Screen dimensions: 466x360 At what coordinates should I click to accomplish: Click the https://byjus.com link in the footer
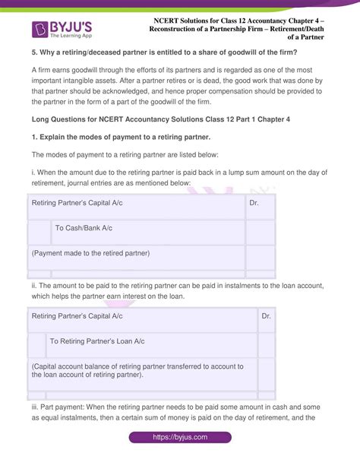click(x=180, y=438)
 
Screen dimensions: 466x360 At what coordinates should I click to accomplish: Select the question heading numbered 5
click(x=163, y=52)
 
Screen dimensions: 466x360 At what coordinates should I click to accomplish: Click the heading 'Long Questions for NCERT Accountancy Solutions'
click(x=171, y=119)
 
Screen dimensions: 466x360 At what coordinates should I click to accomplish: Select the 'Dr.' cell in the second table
click(x=265, y=315)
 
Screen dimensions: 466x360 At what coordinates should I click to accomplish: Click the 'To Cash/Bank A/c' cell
click(x=83, y=227)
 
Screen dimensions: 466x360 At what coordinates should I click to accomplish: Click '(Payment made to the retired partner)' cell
click(x=90, y=253)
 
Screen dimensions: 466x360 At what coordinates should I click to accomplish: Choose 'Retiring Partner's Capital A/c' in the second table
click(x=76, y=315)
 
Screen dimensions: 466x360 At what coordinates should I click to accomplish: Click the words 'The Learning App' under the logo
click(x=74, y=37)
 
